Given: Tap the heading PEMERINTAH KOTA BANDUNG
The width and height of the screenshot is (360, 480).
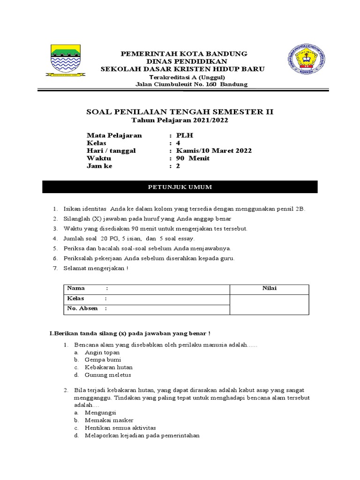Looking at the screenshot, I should click(184, 53).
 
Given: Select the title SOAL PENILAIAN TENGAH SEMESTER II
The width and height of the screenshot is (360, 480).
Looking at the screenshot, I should click(180, 112).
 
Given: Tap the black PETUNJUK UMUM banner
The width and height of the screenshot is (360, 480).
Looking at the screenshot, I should click(180, 187).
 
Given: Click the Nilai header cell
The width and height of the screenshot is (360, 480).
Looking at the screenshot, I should click(269, 288).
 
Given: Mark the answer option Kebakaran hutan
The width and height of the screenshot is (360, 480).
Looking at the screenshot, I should click(109, 367).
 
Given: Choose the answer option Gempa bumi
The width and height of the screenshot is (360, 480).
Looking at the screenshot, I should click(103, 360).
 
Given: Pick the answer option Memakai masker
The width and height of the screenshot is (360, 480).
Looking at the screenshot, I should click(109, 420).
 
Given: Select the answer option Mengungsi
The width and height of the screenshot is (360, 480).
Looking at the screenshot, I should click(100, 412).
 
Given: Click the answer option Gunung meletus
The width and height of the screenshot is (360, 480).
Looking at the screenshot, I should click(108, 375).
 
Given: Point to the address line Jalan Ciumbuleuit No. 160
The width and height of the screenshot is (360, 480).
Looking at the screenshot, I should click(191, 84).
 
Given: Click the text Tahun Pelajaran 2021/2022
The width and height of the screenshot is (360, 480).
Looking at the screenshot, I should click(180, 120).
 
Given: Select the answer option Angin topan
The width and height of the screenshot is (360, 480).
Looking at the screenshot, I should click(102, 352).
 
